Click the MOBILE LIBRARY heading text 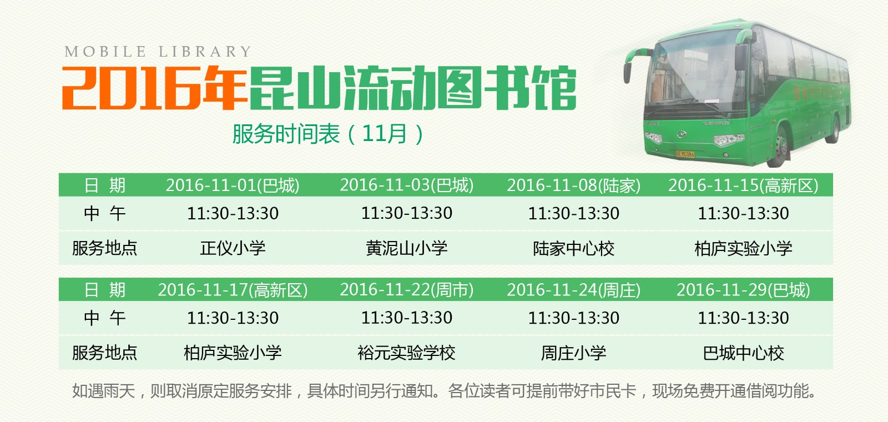coord(158,52)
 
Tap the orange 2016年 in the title coord(154,88)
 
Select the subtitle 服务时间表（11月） coord(328,134)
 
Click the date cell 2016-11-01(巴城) coord(233,185)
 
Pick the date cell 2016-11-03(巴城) coord(407,185)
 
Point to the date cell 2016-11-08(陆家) coord(573,185)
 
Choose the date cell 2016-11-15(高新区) coord(743,185)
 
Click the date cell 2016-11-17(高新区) coord(233,290)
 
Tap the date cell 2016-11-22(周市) coord(407,290)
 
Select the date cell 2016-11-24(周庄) coord(573,290)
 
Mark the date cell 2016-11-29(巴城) coord(743,290)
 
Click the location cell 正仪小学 coord(233,248)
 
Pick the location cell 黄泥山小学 coord(407,248)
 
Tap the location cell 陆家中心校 coord(573,248)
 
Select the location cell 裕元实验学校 coord(407,353)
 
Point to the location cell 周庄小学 coord(573,353)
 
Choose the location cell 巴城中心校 coord(743,353)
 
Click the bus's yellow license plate coord(685,154)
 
